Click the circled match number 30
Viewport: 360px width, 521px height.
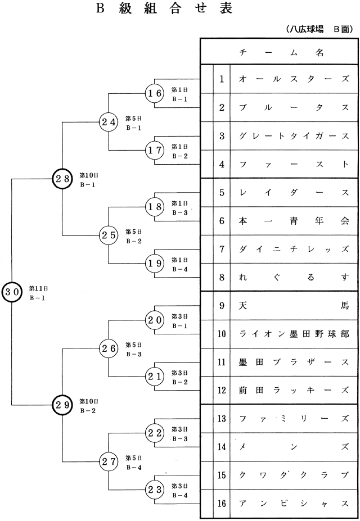click(x=12, y=292)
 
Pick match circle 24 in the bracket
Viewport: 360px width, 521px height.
click(x=108, y=121)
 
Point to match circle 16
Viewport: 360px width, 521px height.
click(x=154, y=93)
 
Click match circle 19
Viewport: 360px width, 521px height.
click(x=154, y=263)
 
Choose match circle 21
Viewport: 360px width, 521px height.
click(x=154, y=376)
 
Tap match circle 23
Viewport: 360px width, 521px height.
click(x=154, y=489)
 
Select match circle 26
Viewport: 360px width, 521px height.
click(x=108, y=348)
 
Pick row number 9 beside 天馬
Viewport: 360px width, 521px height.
click(x=222, y=305)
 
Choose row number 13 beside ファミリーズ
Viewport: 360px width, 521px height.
click(x=222, y=418)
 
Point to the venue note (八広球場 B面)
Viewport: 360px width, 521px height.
click(x=319, y=29)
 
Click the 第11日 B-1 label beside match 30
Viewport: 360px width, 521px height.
click(x=37, y=292)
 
